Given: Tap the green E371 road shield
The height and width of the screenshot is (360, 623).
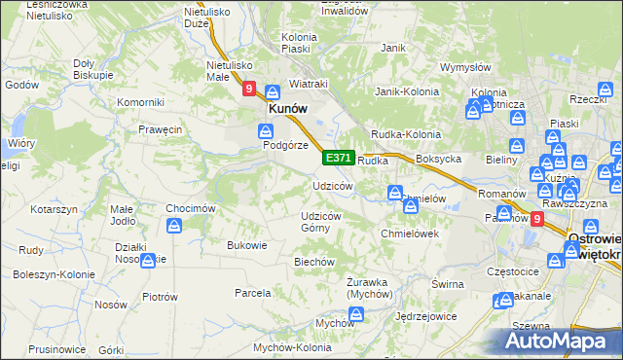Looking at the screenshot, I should [x=338, y=158].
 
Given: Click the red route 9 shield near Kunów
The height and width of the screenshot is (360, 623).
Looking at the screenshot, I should [x=249, y=90].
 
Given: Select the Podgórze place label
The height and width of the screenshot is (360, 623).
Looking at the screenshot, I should [x=285, y=145].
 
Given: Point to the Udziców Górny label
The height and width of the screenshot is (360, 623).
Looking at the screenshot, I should [x=321, y=221].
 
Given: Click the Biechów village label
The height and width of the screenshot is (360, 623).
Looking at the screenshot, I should [x=314, y=262].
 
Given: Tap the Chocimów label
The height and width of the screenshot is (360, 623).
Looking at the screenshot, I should [x=190, y=207].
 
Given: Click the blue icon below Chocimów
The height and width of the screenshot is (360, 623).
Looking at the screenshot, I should [x=174, y=226].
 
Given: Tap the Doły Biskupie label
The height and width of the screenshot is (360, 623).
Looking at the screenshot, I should [x=94, y=68].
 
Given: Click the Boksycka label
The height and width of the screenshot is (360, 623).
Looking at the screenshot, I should [x=437, y=159].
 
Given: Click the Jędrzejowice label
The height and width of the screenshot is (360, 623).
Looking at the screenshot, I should [x=421, y=316].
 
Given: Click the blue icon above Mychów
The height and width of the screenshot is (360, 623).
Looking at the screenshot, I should [x=356, y=313].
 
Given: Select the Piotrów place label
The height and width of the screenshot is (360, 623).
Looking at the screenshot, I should [x=159, y=296].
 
